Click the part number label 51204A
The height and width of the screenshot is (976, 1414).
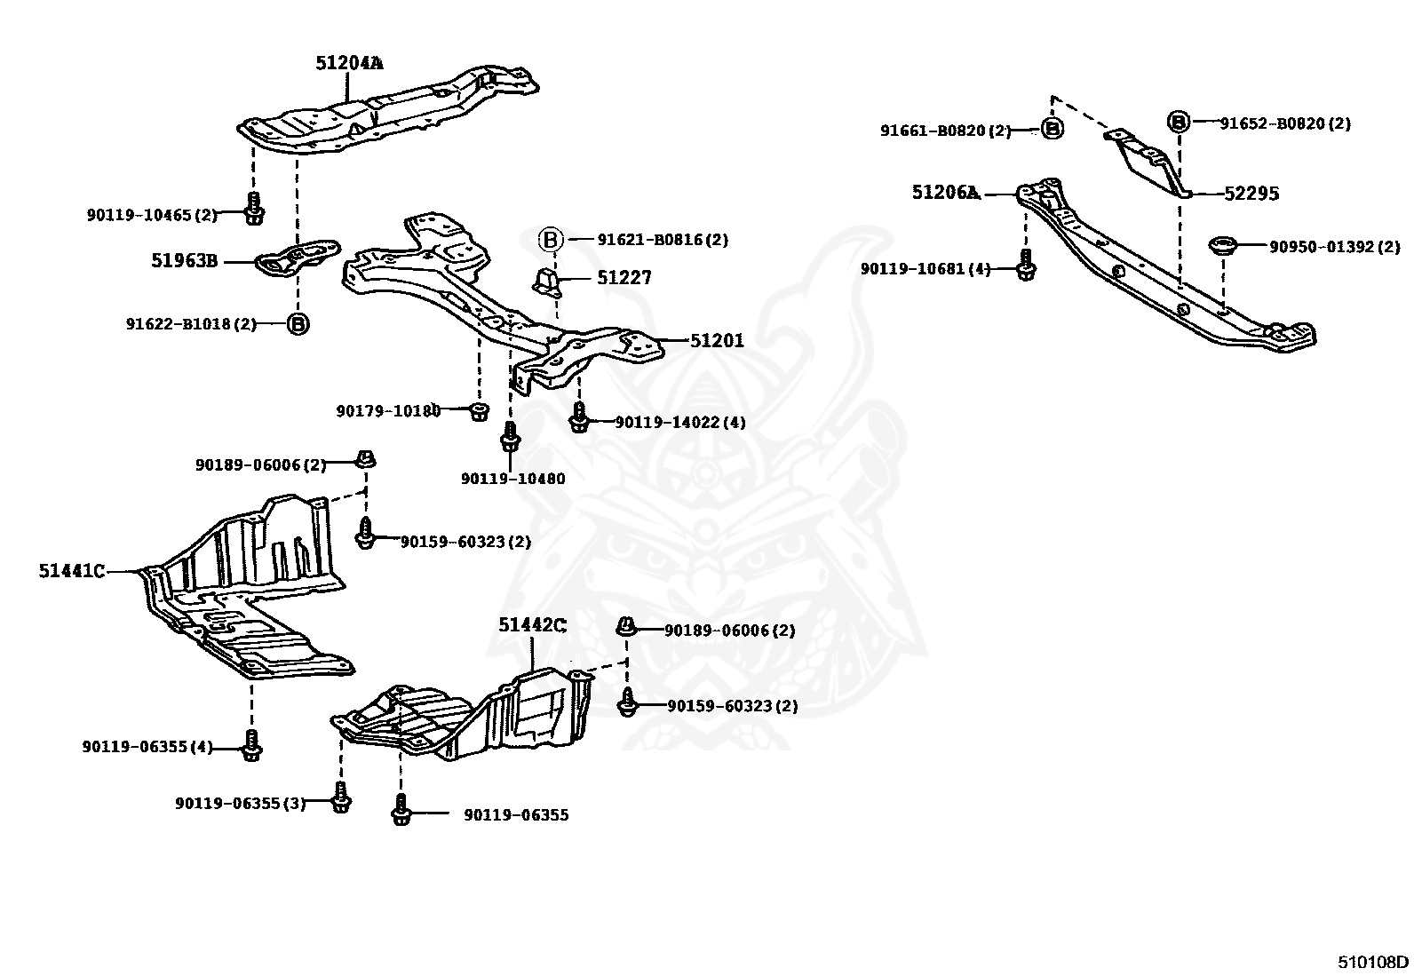pos(349,62)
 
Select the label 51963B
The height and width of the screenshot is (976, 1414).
pos(185,261)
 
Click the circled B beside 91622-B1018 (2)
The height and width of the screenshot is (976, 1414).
pos(298,324)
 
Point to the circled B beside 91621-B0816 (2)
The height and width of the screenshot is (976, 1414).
pos(551,240)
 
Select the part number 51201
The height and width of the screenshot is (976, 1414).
pos(717,340)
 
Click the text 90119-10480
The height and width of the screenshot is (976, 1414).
pos(512,479)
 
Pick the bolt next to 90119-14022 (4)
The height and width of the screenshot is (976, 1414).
pos(578,417)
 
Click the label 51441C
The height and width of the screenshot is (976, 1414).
pos(71,571)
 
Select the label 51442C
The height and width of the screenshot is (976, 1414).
pos(531,625)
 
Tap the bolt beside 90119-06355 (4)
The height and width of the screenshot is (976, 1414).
pos(251,746)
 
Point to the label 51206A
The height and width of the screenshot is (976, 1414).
pos(945,193)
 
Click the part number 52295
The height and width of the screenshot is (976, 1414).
pos(1251,194)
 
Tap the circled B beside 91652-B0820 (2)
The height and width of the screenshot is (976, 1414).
pos(1178,123)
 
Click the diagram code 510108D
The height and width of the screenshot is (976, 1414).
pos(1373,962)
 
